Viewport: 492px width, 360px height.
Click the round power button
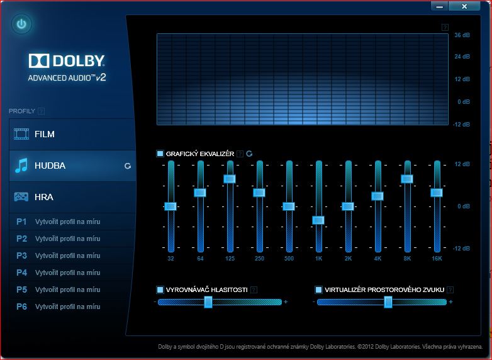22,25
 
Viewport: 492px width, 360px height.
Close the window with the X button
465,6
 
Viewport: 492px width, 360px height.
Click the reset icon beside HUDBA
128,166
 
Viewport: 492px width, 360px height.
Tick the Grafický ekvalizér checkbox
160,154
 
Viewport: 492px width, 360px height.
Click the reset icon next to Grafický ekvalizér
249,154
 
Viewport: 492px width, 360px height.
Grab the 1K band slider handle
318,220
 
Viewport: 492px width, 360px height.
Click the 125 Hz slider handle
230,179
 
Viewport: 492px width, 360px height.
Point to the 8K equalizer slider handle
407,179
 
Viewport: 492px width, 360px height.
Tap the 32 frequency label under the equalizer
171,259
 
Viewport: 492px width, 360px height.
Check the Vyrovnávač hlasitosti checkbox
160,290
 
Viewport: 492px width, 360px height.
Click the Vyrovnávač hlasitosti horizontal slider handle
208,302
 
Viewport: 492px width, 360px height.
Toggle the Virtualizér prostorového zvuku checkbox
318,290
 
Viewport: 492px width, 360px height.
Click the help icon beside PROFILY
42,111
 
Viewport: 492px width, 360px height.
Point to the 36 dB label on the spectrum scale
462,35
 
